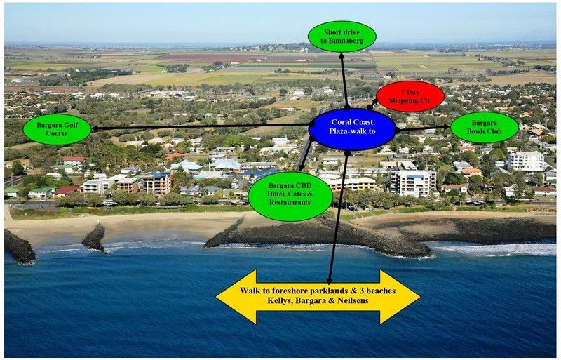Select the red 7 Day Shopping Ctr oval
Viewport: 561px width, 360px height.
(x=410, y=96)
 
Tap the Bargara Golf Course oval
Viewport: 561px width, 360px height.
(x=57, y=129)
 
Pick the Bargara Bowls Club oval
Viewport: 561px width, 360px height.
(x=484, y=127)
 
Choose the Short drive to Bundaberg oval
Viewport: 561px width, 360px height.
(x=342, y=36)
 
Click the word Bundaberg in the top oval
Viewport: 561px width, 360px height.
(x=342, y=41)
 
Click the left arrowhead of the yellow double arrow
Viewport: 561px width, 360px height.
(x=236, y=297)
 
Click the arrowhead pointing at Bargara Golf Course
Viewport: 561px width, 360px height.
(x=95, y=128)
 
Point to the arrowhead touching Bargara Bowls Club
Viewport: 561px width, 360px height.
(x=446, y=127)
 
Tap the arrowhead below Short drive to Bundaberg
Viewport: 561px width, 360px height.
(x=342, y=56)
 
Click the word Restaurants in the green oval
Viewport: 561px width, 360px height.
(x=290, y=202)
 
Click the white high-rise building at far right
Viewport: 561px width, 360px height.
(x=526, y=161)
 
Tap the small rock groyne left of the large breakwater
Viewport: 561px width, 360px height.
(x=95, y=238)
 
